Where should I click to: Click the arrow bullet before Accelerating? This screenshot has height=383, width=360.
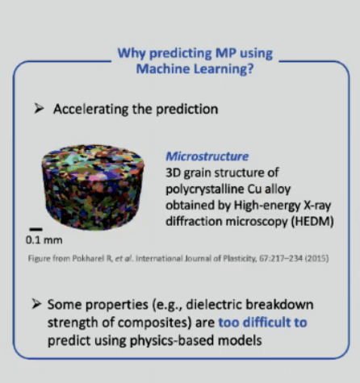[39, 108]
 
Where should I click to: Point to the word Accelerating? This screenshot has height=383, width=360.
[91, 110]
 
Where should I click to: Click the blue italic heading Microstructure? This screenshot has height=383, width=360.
[207, 156]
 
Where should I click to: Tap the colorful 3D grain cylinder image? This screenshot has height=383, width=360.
[93, 187]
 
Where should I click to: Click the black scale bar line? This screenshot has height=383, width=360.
[36, 229]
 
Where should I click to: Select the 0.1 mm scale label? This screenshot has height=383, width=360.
[44, 239]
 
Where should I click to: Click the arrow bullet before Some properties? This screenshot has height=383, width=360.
[36, 304]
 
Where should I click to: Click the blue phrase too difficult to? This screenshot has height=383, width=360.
[262, 323]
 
